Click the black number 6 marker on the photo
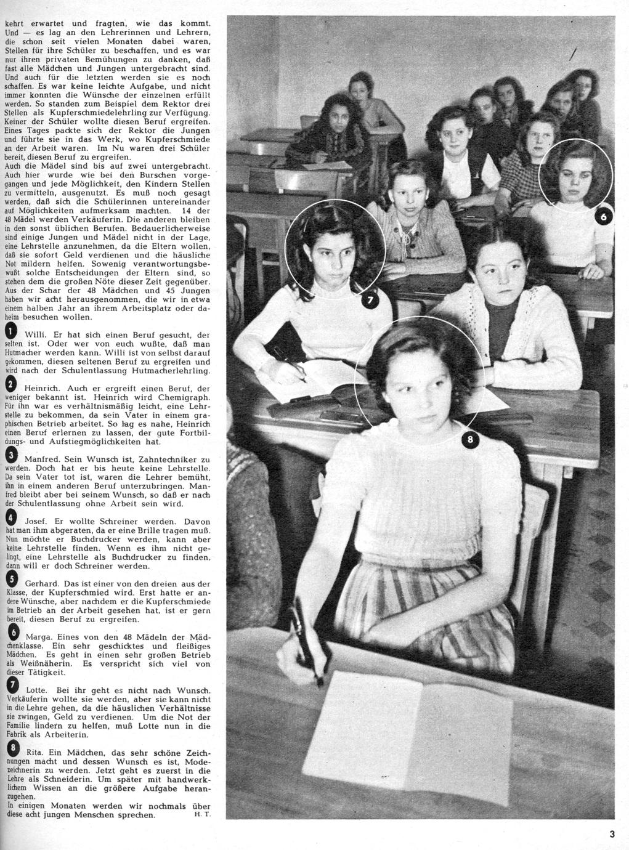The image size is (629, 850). pyautogui.click(x=604, y=217)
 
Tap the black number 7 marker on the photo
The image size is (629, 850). pyautogui.click(x=371, y=301)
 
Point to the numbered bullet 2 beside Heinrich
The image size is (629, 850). pyautogui.click(x=10, y=386)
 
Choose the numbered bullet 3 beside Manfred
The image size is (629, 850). pyautogui.click(x=10, y=456)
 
